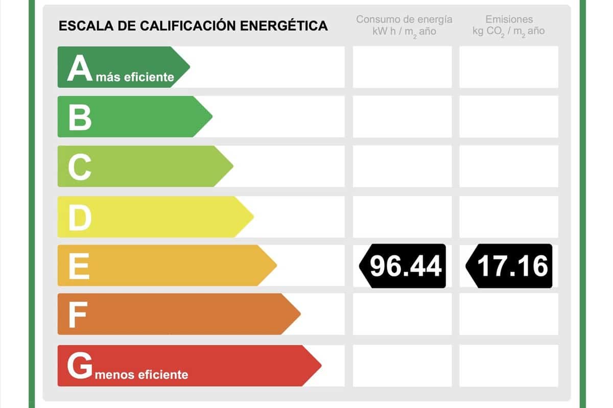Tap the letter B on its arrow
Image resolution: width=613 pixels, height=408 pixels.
pyautogui.click(x=80, y=116)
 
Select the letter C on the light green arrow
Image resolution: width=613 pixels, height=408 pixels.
pyautogui.click(x=80, y=166)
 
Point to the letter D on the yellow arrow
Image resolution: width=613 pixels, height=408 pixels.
pyautogui.click(x=80, y=217)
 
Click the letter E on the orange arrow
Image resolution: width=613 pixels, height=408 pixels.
pyautogui.click(x=79, y=266)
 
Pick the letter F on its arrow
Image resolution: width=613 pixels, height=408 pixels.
pyautogui.click(x=77, y=315)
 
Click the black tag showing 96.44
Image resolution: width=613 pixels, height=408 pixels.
pyautogui.click(x=403, y=266)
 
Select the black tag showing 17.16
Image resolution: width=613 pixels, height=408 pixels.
pyautogui.click(x=510, y=266)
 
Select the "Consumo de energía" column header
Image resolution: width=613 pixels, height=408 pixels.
pyautogui.click(x=404, y=19)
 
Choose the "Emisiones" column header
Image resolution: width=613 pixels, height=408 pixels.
pyautogui.click(x=509, y=19)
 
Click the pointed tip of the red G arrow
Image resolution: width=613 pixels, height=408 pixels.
pyautogui.click(x=320, y=366)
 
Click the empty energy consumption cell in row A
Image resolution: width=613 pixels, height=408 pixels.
pyautogui.click(x=402, y=67)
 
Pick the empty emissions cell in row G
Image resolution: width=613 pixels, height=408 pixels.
pyautogui.click(x=509, y=365)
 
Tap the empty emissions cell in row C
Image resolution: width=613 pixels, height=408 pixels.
pyautogui.click(x=509, y=166)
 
